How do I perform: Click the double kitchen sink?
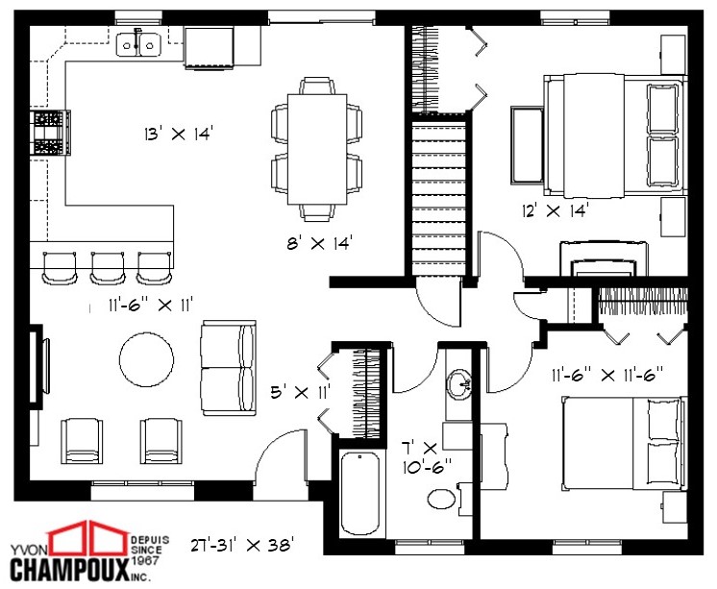pyautogui.click(x=138, y=43)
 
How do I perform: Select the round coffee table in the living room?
pyautogui.click(x=147, y=358)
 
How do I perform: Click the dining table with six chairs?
pyautogui.click(x=318, y=149)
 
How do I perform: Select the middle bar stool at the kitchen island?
pyautogui.click(x=107, y=267)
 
